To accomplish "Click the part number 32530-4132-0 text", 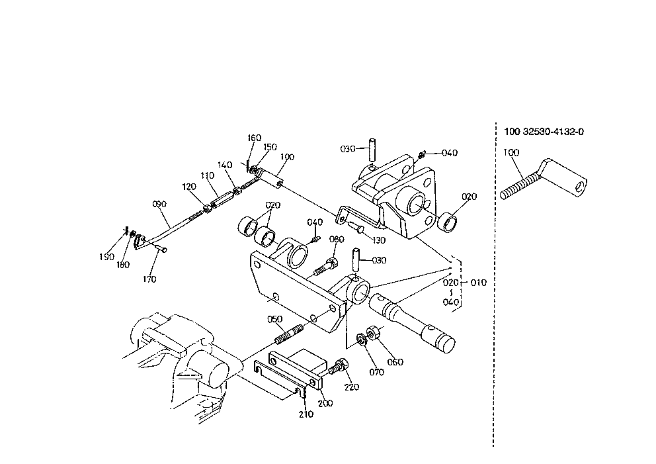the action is pyautogui.click(x=553, y=132).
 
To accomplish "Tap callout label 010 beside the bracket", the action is pyautogui.click(x=478, y=283).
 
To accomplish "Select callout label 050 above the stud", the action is pyautogui.click(x=275, y=319).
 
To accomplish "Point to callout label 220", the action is pyautogui.click(x=351, y=387).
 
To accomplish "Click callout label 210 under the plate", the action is pyautogui.click(x=306, y=414).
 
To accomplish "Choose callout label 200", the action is pyautogui.click(x=325, y=403).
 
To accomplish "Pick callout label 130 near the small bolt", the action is pyautogui.click(x=378, y=240).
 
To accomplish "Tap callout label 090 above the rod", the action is pyautogui.click(x=159, y=204).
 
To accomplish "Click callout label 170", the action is pyautogui.click(x=149, y=279).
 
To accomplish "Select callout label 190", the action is pyautogui.click(x=106, y=257).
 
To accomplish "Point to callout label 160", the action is pyautogui.click(x=254, y=138).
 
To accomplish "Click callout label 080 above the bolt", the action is pyautogui.click(x=337, y=239).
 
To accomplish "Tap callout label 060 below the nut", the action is pyautogui.click(x=395, y=362).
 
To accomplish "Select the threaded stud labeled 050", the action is pyautogui.click(x=289, y=334).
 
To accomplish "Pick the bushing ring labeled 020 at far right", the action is pyautogui.click(x=447, y=222).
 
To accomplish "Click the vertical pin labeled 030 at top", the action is pyautogui.click(x=372, y=150).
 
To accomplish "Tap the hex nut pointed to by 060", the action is pyautogui.click(x=373, y=332).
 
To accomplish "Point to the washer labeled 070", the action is pyautogui.click(x=362, y=339).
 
